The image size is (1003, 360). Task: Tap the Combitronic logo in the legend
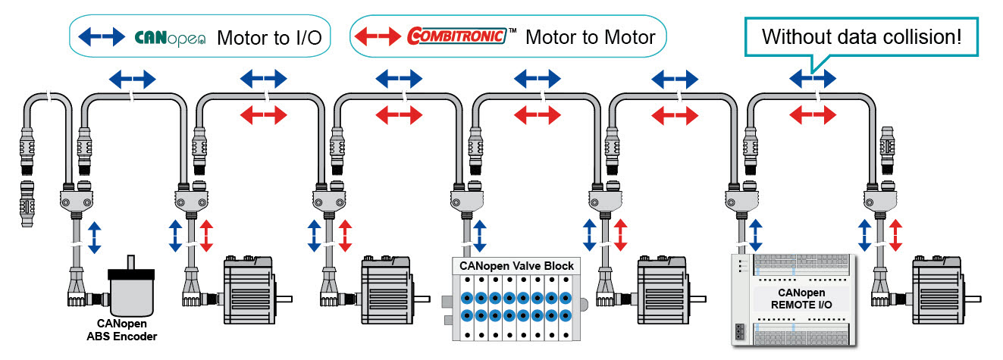[x=456, y=36]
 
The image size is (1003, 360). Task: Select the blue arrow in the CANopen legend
[x=102, y=36]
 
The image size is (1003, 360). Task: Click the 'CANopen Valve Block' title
[x=517, y=266]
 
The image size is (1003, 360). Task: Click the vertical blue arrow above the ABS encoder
[x=93, y=236]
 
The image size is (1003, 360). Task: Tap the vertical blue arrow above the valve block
[x=480, y=235]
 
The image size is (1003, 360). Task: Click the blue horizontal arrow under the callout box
[x=813, y=77]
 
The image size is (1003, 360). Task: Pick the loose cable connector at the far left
[x=27, y=205]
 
